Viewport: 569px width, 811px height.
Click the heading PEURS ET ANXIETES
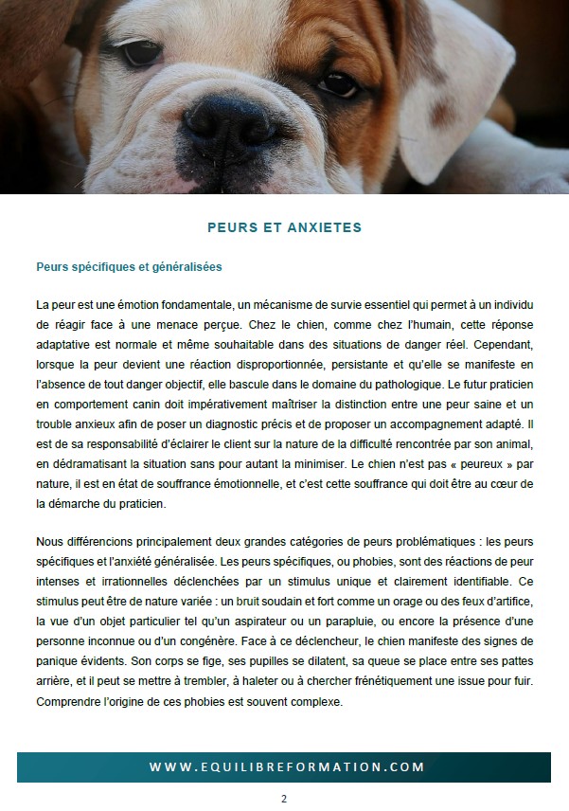click(284, 228)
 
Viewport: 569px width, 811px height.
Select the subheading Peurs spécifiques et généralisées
click(129, 267)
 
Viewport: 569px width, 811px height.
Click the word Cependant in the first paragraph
click(505, 340)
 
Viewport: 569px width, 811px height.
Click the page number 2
click(283, 799)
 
